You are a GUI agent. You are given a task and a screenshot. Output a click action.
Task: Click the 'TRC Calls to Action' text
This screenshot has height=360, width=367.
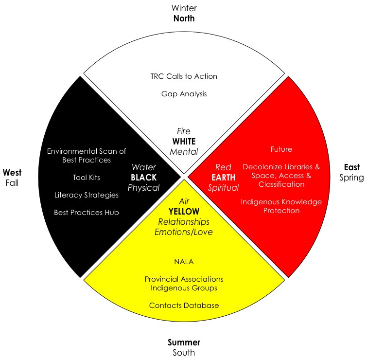pyautogui.click(x=184, y=76)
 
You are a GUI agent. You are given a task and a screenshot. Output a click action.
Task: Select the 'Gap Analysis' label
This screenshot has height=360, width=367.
pyautogui.click(x=184, y=93)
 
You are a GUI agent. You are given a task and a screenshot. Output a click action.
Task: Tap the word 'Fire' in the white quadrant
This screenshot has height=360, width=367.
pyautogui.click(x=183, y=131)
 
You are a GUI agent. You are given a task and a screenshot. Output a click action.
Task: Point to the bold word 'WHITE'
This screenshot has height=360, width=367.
pyautogui.click(x=183, y=142)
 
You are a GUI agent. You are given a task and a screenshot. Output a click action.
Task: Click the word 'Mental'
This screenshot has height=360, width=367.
pyautogui.click(x=183, y=152)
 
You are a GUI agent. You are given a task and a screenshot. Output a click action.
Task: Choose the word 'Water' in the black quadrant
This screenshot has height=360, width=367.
pyautogui.click(x=143, y=167)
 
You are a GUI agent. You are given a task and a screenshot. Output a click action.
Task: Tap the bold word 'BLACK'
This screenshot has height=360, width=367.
pyautogui.click(x=143, y=177)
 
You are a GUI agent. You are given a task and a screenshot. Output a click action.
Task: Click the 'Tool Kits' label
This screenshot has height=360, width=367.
pyautogui.click(x=87, y=177)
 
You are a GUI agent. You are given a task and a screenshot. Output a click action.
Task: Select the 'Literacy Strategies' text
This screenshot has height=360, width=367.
pyautogui.click(x=87, y=195)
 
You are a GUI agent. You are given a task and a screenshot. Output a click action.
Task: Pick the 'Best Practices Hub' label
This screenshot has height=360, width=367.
pyautogui.click(x=87, y=212)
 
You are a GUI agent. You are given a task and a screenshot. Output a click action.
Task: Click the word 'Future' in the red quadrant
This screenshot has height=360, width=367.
pyautogui.click(x=281, y=149)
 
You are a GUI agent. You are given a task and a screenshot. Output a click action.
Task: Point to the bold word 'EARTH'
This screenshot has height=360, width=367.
pyautogui.click(x=223, y=177)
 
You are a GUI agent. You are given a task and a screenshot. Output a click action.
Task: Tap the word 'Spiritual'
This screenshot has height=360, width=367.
pyautogui.click(x=223, y=187)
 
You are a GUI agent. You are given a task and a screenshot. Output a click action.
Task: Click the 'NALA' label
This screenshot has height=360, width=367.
pyautogui.click(x=184, y=262)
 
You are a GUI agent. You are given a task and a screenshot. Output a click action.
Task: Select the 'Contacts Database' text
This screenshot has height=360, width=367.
pyautogui.click(x=184, y=306)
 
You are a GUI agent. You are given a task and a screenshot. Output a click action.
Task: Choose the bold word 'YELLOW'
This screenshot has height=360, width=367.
pyautogui.click(x=184, y=211)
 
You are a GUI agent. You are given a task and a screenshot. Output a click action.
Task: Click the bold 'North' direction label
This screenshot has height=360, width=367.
pyautogui.click(x=183, y=18)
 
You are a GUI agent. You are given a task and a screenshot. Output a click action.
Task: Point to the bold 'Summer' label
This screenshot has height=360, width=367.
pyautogui.click(x=184, y=342)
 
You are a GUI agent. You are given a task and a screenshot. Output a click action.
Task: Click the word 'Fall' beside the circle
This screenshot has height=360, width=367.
pyautogui.click(x=12, y=182)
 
